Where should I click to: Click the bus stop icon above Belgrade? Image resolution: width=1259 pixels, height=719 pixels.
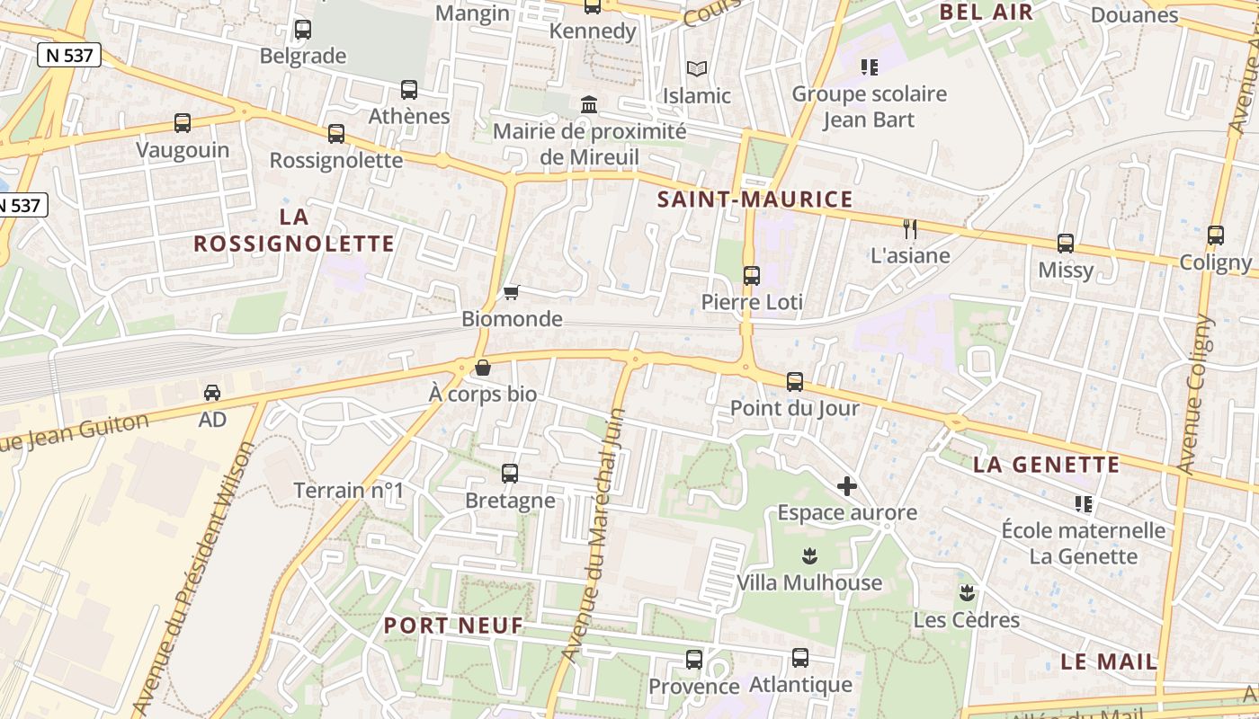tap(303, 29)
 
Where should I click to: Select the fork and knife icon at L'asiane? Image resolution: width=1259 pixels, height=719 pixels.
tap(910, 228)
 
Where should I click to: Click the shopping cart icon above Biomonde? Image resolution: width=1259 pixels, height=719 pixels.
tap(512, 292)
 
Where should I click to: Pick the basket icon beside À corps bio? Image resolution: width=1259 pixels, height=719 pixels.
tap(483, 368)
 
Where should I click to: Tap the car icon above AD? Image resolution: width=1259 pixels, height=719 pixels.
tap(212, 392)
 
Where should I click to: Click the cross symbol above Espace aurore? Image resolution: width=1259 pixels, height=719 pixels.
tap(847, 486)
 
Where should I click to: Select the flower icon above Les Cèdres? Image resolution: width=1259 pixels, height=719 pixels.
tap(967, 592)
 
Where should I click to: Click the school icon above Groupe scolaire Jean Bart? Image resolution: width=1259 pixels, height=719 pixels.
tap(869, 67)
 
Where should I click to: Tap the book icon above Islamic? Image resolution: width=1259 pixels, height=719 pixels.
tap(697, 68)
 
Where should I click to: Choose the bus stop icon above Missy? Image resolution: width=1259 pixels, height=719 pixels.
tap(1066, 243)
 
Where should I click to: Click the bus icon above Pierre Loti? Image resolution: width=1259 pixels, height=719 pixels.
tap(752, 275)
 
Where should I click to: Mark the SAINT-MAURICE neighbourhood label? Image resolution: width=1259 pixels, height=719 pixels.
tap(755, 200)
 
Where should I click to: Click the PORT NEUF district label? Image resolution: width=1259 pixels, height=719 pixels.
tap(453, 626)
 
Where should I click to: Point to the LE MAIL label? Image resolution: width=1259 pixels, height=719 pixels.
tap(1109, 661)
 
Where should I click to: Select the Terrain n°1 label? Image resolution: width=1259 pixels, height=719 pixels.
tap(350, 491)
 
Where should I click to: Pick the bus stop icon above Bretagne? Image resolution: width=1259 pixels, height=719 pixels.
tap(510, 473)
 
